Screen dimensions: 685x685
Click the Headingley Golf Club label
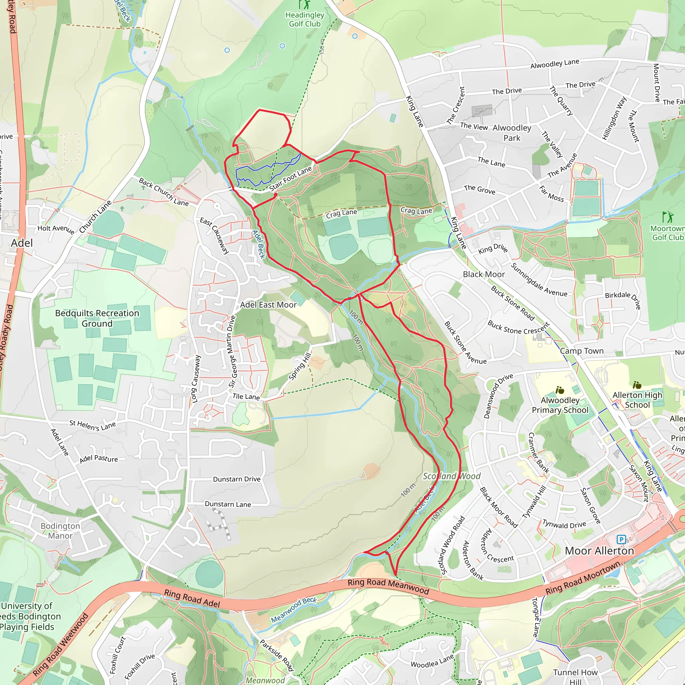pos(305,19)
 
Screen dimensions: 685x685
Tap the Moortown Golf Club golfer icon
pos(667,217)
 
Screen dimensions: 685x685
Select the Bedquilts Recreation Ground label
pos(97,318)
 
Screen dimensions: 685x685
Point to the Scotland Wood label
pos(451,476)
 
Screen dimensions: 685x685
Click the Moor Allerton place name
pos(599,551)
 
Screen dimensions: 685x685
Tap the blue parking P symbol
pos(621,540)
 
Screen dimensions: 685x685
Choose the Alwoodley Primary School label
pos(560,405)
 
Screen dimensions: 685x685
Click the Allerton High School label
pos(637,400)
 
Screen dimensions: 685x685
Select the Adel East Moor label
pos(268,305)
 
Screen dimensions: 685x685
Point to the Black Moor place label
pos(484,274)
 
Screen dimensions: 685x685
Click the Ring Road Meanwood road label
pos(388,586)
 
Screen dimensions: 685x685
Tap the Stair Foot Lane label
pos(290,178)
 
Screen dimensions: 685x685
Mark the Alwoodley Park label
pos(512,133)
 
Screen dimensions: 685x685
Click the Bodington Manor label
pos(60,531)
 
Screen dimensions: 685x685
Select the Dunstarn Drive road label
pos(236,479)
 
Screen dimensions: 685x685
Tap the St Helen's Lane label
pos(93,425)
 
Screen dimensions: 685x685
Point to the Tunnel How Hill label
pos(575,676)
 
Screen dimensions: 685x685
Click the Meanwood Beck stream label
pos(294,610)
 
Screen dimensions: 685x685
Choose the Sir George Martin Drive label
pos(232,352)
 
